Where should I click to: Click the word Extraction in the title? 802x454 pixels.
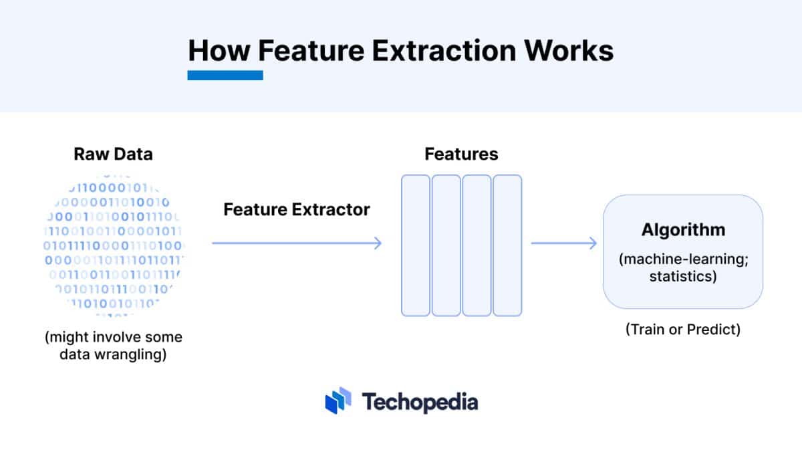pyautogui.click(x=444, y=51)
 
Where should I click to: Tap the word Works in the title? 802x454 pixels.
pyautogui.click(x=569, y=51)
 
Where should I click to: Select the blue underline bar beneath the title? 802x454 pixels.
pyautogui.click(x=225, y=76)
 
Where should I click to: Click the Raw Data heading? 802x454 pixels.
pyautogui.click(x=113, y=154)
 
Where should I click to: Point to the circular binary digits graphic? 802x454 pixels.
pyautogui.click(x=114, y=245)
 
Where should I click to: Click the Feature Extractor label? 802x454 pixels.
pyautogui.click(x=297, y=210)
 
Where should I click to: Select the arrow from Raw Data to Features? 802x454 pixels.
pyautogui.click(x=297, y=243)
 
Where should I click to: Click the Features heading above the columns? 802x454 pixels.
pyautogui.click(x=461, y=154)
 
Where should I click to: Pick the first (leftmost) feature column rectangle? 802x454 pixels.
pyautogui.click(x=416, y=245)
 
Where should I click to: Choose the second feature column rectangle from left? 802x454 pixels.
pyautogui.click(x=446, y=245)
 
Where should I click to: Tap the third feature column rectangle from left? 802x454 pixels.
pyautogui.click(x=477, y=245)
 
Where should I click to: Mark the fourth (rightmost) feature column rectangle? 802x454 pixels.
pyautogui.click(x=507, y=245)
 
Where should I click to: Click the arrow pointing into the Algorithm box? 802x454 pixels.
pyautogui.click(x=564, y=243)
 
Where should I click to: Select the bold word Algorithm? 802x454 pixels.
pyautogui.click(x=683, y=230)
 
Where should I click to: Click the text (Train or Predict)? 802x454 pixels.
pyautogui.click(x=683, y=330)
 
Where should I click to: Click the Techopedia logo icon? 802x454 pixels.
pyautogui.click(x=338, y=401)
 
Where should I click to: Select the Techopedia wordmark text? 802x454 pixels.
pyautogui.click(x=420, y=402)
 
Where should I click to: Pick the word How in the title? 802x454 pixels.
pyautogui.click(x=219, y=51)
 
